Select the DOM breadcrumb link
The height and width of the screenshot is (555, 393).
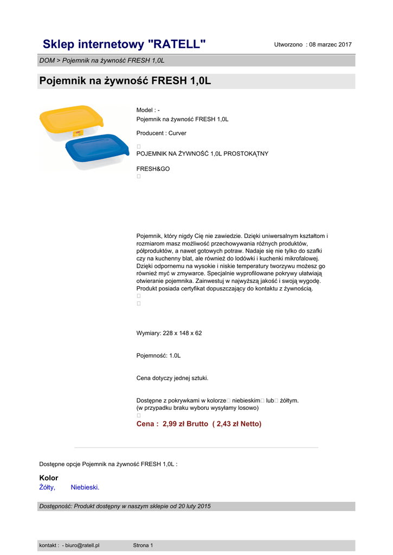47,60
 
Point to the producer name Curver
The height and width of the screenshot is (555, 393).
177,133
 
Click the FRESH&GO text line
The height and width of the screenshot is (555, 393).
153,169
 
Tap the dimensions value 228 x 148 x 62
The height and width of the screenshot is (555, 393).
182,333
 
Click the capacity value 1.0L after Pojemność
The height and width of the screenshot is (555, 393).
175,356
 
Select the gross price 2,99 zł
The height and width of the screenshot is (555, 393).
174,424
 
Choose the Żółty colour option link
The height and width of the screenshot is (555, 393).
47,487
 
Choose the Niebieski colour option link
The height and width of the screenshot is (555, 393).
85,487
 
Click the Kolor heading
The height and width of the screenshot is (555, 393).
49,478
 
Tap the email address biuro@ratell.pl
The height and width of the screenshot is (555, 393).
82,545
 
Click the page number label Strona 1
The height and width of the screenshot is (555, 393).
143,545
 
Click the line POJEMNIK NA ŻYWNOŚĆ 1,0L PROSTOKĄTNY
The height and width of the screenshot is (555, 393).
202,153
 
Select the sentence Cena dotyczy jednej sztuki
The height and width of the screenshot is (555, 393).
172,378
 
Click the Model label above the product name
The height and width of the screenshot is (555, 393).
145,110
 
